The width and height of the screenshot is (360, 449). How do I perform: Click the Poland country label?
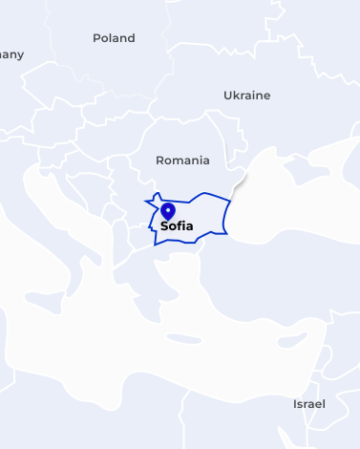pos(114,38)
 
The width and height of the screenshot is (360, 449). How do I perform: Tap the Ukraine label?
pos(246,96)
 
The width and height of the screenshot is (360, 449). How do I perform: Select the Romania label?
pos(181,160)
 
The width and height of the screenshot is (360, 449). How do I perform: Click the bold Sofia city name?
pos(177,226)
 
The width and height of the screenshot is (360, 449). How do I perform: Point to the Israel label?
pos(308,404)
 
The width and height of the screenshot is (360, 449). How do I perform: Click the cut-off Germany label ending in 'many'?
pos(11,54)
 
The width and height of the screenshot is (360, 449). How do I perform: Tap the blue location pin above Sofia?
pos(168,211)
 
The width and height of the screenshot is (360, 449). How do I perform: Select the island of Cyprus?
pos(286,337)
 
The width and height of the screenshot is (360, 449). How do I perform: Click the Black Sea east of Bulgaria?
pos(277,205)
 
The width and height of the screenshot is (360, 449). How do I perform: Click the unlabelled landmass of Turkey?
pos(277,277)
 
